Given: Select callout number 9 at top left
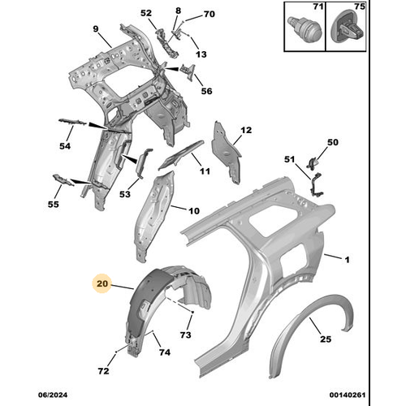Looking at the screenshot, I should pos(95,30).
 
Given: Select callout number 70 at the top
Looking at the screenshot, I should pos(209,15).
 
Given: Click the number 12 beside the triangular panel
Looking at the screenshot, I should pos(246,130).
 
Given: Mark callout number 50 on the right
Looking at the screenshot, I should pos(332,143).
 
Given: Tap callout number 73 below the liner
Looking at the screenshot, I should pos(185,336).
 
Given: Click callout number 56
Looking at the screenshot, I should pos(206,92).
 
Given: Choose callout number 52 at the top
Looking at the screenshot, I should pos(146,14).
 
